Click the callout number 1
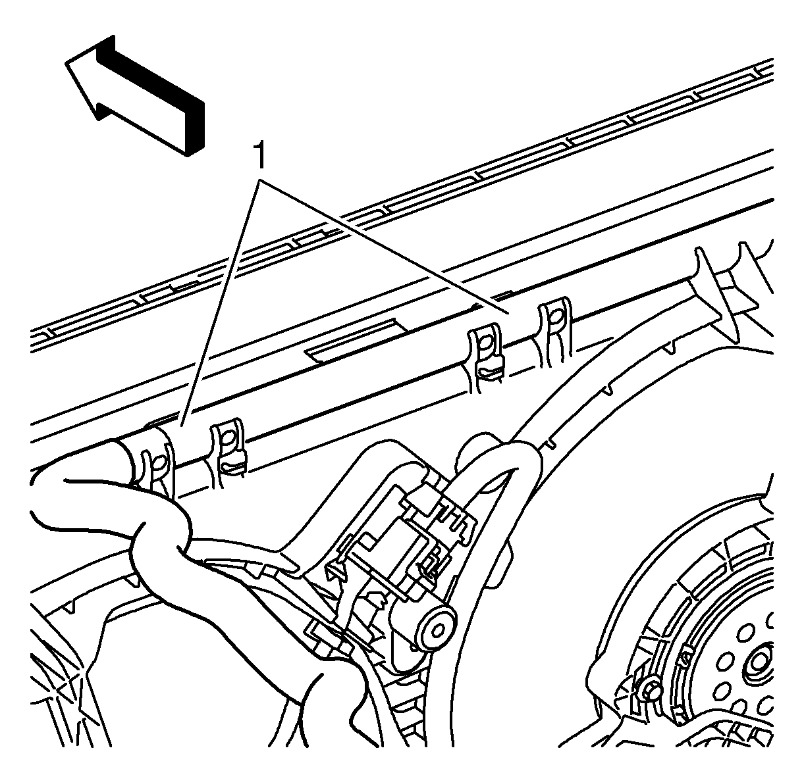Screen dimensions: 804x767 pyautogui.click(x=260, y=156)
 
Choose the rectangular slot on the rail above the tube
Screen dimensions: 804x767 pyautogui.click(x=356, y=339)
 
